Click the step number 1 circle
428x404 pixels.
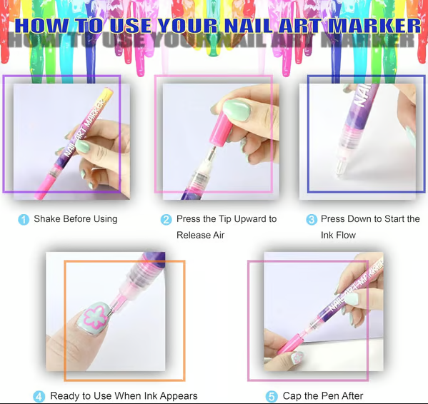[24, 220]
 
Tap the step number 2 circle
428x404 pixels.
[166, 220]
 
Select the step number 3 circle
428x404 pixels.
[312, 220]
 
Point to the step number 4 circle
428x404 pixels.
[39, 397]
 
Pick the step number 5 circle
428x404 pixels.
[272, 397]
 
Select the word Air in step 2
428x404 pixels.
[219, 235]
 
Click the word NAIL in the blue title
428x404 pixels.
[248, 26]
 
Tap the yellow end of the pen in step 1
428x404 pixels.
[107, 94]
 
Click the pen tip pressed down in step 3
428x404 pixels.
[340, 168]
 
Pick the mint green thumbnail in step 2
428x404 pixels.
[237, 110]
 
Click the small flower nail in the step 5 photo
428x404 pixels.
[297, 358]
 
